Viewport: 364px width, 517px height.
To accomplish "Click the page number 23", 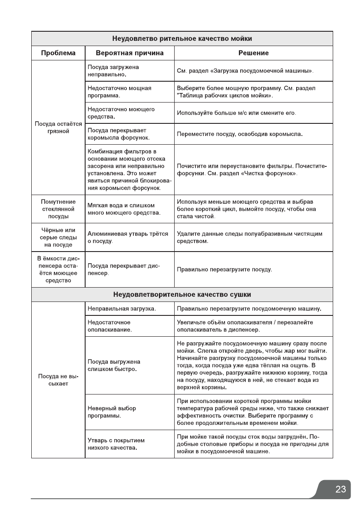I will [x=341, y=489].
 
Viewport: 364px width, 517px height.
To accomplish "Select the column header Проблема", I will [x=58, y=53].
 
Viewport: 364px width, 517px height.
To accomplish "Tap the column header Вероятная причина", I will [x=129, y=53].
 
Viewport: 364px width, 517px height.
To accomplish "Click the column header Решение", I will [x=253, y=53].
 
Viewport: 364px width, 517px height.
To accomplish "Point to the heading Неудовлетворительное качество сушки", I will [x=182, y=295].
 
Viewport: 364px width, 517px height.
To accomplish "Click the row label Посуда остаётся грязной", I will [x=58, y=128].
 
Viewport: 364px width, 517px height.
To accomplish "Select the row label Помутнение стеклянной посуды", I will [x=58, y=209].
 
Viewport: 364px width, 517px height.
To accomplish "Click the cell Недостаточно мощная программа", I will [x=119, y=91].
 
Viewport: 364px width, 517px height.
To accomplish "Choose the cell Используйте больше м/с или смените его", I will [x=237, y=113].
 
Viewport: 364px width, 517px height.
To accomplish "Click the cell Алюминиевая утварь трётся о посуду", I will [x=128, y=237].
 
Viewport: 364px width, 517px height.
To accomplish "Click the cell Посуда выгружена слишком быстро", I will [x=114, y=365].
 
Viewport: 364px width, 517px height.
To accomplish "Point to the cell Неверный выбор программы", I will [x=112, y=411].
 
